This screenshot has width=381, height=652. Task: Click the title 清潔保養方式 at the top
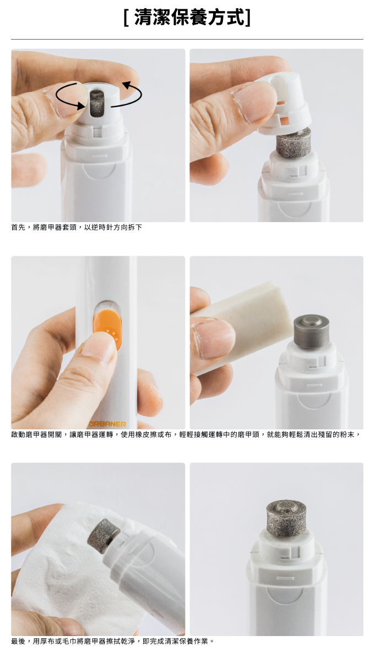coord(187,18)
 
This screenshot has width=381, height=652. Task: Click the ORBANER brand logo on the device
coord(107,424)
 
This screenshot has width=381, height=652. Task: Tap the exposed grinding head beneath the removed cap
coord(293,142)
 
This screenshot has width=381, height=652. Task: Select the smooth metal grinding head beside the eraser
coord(311,331)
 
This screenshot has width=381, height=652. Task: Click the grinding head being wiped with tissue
coord(104,535)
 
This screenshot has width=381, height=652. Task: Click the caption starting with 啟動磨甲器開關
coord(186,434)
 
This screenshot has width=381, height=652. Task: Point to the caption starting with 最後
coord(112,641)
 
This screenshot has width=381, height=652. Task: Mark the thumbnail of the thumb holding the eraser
coord(214,338)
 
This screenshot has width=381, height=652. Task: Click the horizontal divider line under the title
coord(187,40)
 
